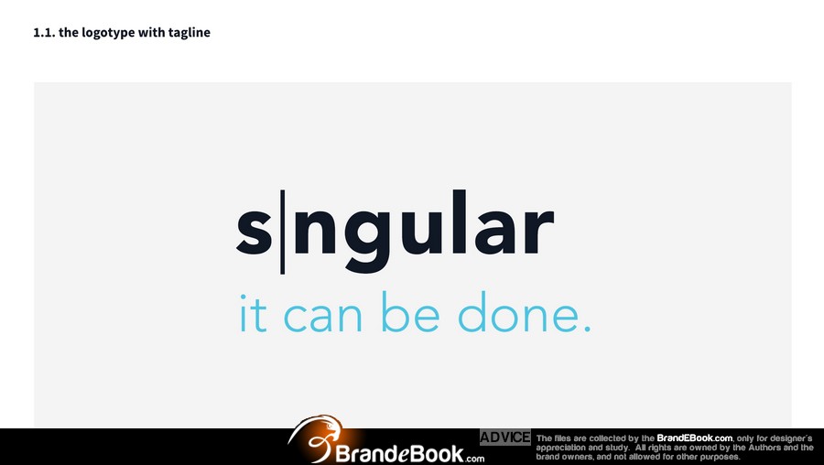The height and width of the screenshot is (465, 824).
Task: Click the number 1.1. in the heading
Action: pos(44,33)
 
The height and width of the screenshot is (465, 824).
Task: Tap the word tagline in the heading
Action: pos(190,33)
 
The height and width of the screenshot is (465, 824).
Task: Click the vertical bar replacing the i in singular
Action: pos(283,232)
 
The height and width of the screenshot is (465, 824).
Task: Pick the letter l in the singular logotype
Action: pos(460,222)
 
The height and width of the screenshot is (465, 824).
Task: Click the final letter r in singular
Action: pos(538,232)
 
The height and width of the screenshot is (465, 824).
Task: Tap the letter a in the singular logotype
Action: pos(494,232)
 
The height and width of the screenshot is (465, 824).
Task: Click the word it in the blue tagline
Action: pos(254,314)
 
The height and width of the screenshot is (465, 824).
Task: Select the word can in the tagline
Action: pos(322,318)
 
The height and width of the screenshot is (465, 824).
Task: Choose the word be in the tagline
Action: pos(410,312)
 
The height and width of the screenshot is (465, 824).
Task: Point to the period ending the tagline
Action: pos(588,329)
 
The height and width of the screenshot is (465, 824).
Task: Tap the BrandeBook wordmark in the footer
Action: pos(399,454)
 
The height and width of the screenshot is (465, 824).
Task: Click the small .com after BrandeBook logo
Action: pos(474,459)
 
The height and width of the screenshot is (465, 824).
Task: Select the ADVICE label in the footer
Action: pos(505,438)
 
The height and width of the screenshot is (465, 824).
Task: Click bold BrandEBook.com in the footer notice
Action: pos(694,438)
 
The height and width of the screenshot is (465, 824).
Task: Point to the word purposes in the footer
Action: pos(720,457)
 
